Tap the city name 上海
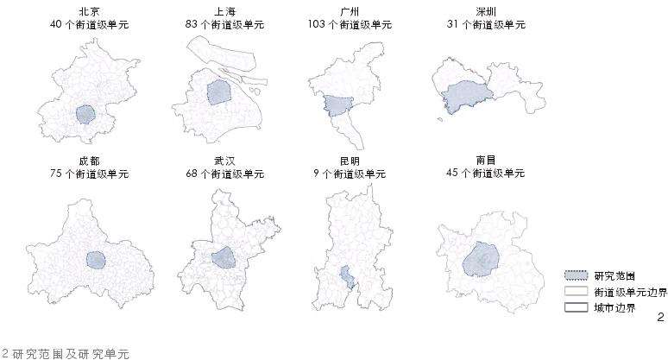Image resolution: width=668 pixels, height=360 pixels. pos(219,11)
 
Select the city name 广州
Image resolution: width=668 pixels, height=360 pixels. pos(350,11)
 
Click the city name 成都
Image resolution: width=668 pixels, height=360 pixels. pos(89,161)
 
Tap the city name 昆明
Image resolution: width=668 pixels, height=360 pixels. pos(350,161)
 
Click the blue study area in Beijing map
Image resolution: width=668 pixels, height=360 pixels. pos(85,114)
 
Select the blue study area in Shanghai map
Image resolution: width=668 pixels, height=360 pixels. pos(219,92)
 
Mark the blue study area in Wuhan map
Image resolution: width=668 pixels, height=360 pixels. pos(224,257)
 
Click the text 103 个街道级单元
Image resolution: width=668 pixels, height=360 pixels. pos(350,24)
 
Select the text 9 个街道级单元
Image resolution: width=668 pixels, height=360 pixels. pos(350,174)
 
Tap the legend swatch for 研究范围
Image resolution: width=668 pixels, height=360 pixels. pos(576,276)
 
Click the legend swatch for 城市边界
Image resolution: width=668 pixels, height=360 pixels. pos(576,307)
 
